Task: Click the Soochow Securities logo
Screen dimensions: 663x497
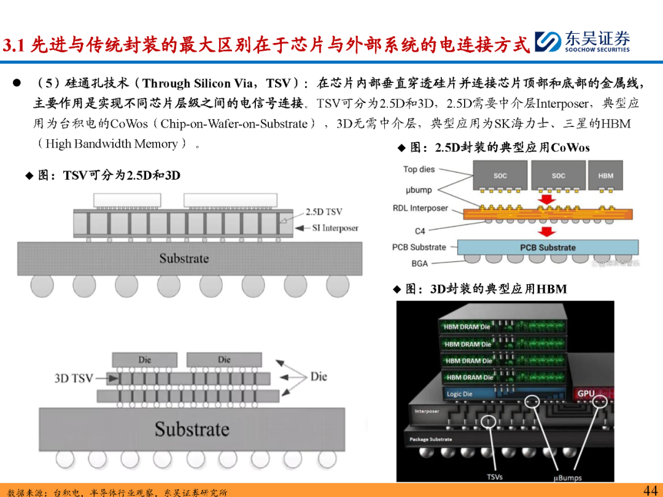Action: point(582,42)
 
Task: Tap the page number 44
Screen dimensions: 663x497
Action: point(650,490)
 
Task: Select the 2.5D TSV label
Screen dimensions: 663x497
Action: point(324,212)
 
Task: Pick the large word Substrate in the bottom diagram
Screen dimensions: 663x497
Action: point(192,429)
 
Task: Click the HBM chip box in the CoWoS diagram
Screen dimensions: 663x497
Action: point(605,175)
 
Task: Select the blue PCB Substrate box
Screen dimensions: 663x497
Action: point(548,248)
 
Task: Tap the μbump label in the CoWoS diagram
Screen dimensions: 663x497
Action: point(419,190)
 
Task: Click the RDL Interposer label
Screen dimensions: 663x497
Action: point(421,209)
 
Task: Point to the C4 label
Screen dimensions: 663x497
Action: point(420,231)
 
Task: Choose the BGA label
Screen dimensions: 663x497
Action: point(420,263)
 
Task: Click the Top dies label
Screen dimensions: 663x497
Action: point(419,169)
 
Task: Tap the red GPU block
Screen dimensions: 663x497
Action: point(587,393)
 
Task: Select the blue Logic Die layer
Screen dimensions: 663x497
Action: point(467,394)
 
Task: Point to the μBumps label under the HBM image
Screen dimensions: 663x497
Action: point(567,477)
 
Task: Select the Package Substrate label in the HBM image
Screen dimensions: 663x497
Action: point(431,439)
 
